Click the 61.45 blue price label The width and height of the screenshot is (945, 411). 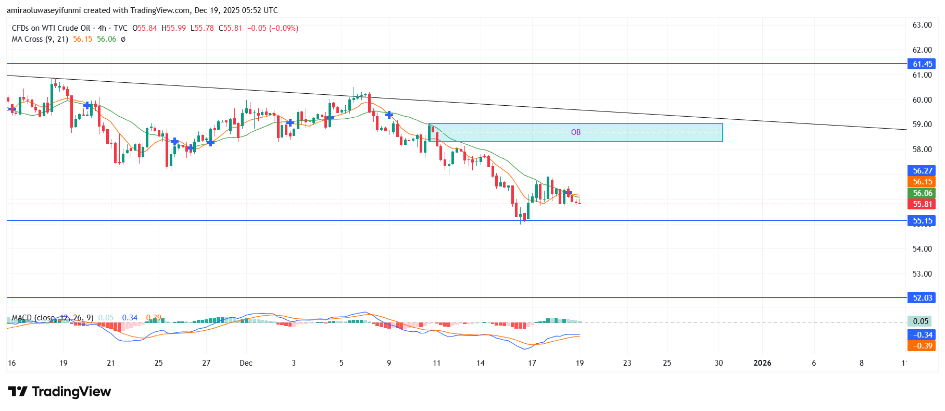coord(922,64)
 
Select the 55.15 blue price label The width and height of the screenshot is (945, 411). coord(922,221)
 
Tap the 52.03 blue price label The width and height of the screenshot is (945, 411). coord(922,298)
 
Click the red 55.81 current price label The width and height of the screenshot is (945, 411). coord(922,204)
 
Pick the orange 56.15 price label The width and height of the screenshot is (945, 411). coord(922,182)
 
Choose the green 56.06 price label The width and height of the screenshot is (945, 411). coord(922,193)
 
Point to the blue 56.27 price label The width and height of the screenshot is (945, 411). coord(922,171)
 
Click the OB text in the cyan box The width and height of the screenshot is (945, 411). coord(575,132)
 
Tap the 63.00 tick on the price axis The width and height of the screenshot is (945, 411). coord(922,25)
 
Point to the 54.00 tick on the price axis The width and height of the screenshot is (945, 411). coord(922,249)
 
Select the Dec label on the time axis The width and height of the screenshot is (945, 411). coord(246,363)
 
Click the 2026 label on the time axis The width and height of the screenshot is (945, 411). coord(762,363)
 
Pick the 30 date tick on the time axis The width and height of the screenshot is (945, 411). coord(719,363)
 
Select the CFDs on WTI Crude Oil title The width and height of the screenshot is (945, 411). coord(51,28)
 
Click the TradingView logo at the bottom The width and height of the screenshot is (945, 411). coord(60,392)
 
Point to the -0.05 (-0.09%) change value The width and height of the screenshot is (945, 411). coord(272,28)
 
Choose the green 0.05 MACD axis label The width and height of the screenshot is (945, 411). coord(921,321)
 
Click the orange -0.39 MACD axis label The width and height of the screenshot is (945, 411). coord(922,346)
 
